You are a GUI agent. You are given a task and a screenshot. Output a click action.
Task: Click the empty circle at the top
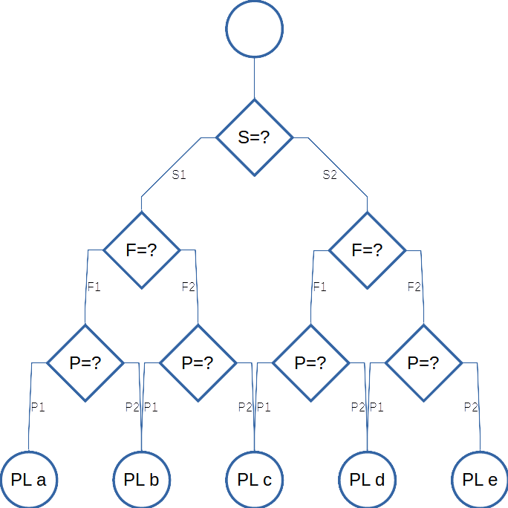pyautogui.click(x=255, y=30)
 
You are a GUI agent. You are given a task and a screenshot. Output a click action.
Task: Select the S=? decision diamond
pyautogui.click(x=255, y=137)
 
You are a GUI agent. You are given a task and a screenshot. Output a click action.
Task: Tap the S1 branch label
pyautogui.click(x=179, y=175)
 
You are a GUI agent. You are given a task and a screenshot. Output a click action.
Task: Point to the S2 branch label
pyautogui.click(x=330, y=175)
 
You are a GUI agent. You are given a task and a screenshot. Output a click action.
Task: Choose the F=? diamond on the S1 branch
pyautogui.click(x=141, y=250)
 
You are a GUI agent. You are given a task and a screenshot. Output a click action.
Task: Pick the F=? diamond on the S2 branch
pyautogui.click(x=368, y=250)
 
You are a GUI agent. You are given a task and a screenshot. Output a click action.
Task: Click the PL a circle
pyautogui.click(x=29, y=479)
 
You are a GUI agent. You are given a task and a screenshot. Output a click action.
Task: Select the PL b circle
pyautogui.click(x=142, y=479)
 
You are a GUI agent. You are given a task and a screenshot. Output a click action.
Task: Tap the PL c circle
pyautogui.click(x=255, y=479)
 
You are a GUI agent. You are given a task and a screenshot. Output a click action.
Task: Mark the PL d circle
pyautogui.click(x=368, y=479)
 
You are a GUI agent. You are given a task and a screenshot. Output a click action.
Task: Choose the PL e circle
pyautogui.click(x=481, y=479)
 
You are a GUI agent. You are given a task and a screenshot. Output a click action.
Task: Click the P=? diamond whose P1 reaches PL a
pyautogui.click(x=85, y=363)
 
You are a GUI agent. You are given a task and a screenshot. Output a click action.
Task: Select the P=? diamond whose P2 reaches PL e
pyautogui.click(x=423, y=363)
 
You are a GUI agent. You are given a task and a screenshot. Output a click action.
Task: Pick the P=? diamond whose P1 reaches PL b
pyautogui.click(x=198, y=363)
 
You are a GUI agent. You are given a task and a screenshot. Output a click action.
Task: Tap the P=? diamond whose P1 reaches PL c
pyautogui.click(x=310, y=363)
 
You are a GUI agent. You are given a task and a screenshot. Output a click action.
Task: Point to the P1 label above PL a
pyautogui.click(x=38, y=407)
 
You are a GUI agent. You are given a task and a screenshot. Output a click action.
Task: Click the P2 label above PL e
pyautogui.click(x=471, y=407)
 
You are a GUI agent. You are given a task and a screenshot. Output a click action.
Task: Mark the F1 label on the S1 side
pyautogui.click(x=94, y=287)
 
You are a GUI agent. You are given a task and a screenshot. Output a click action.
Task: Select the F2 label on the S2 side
pyautogui.click(x=414, y=287)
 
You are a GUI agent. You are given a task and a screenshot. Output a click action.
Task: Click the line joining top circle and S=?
pyautogui.click(x=255, y=79)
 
